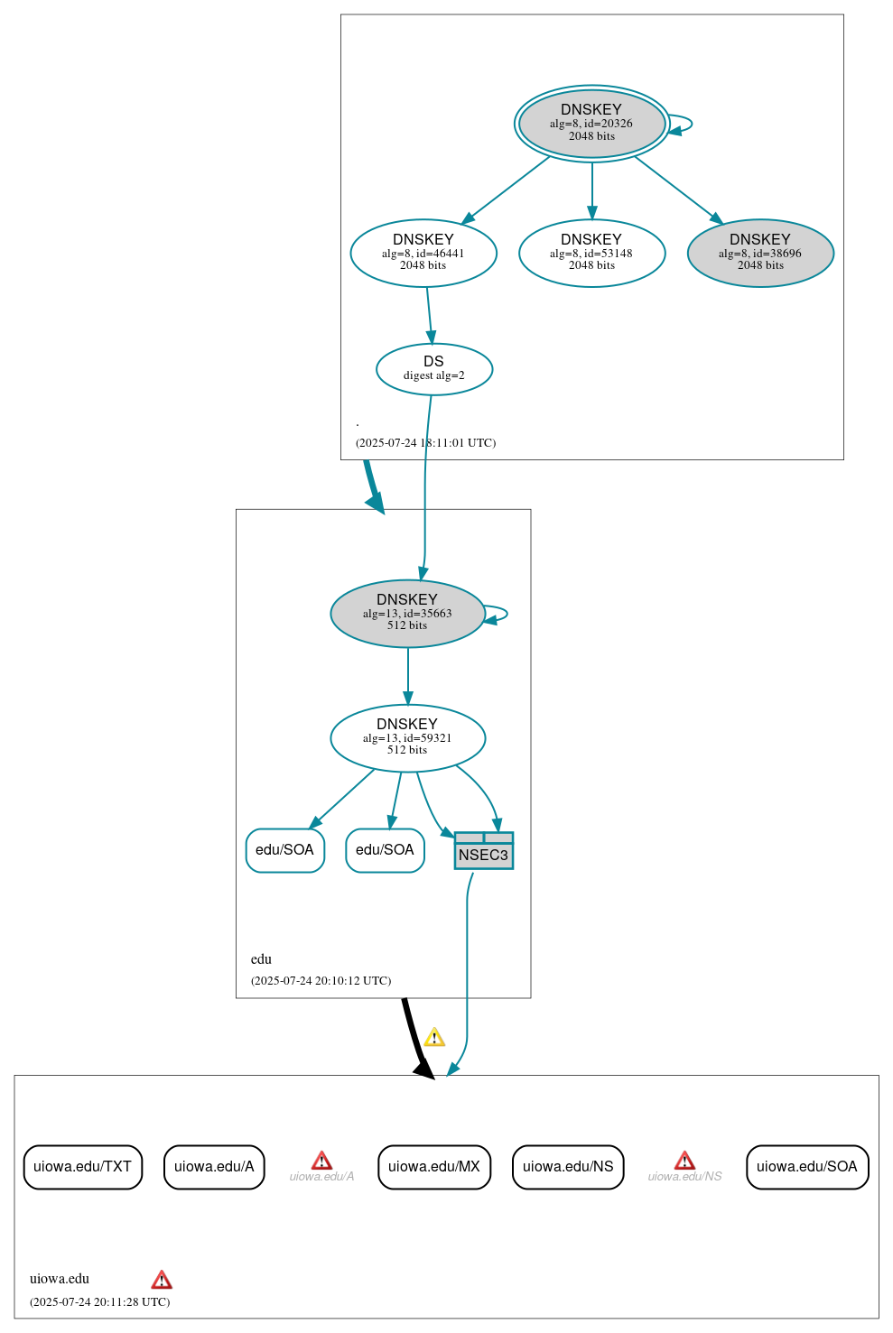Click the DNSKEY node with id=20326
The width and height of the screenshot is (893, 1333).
(591, 124)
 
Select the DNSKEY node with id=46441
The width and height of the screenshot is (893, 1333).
(423, 253)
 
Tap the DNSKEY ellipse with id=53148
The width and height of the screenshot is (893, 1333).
(591, 253)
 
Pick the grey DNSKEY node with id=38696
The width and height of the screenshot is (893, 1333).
(759, 253)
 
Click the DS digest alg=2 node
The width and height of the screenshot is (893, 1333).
(433, 368)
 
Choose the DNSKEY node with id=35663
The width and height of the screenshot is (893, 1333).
(407, 613)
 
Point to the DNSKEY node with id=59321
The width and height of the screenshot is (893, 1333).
(407, 737)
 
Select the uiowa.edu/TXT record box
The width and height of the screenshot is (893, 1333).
(82, 1166)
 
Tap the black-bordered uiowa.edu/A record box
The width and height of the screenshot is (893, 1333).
(214, 1166)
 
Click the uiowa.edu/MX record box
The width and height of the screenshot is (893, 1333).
(433, 1166)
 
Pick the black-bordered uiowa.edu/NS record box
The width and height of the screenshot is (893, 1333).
(567, 1166)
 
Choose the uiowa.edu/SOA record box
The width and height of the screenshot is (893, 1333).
(806, 1166)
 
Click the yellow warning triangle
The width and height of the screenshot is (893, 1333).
(434, 1037)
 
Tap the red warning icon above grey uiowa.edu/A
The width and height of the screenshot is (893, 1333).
(321, 1161)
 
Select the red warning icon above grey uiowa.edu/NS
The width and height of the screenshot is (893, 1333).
(684, 1161)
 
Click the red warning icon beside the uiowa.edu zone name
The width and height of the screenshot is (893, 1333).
(162, 1280)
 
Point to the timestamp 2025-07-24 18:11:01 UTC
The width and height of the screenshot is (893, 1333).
(425, 442)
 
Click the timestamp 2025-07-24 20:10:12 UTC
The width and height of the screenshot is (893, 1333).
(321, 980)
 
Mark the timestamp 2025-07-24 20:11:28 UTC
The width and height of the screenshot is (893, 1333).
(99, 1301)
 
